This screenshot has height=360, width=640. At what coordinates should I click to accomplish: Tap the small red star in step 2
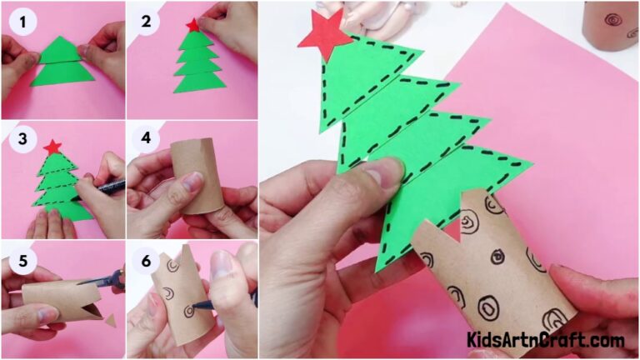pyautogui.click(x=193, y=25)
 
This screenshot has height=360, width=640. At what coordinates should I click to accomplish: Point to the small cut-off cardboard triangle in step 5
pyautogui.click(x=111, y=320)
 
